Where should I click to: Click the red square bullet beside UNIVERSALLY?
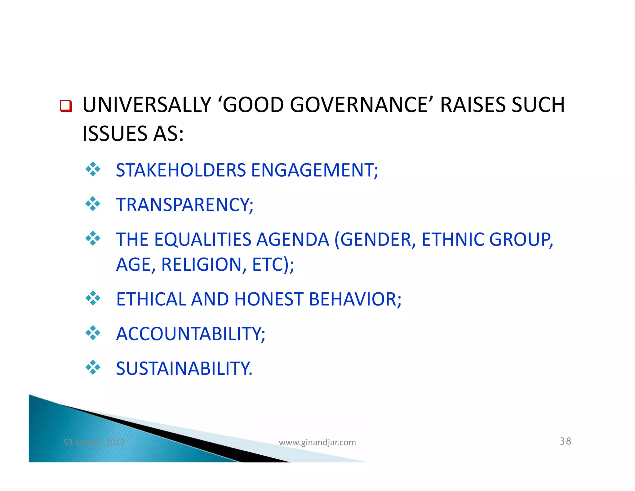(x=66, y=106)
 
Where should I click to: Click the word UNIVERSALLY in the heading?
(x=147, y=105)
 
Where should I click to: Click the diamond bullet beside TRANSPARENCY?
(x=93, y=204)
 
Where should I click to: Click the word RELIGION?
(x=203, y=265)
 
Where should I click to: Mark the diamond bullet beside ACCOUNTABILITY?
(x=93, y=333)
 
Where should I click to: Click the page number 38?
(x=565, y=441)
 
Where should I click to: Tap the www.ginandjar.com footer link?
(x=317, y=442)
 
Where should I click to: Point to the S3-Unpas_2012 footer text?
(x=94, y=442)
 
